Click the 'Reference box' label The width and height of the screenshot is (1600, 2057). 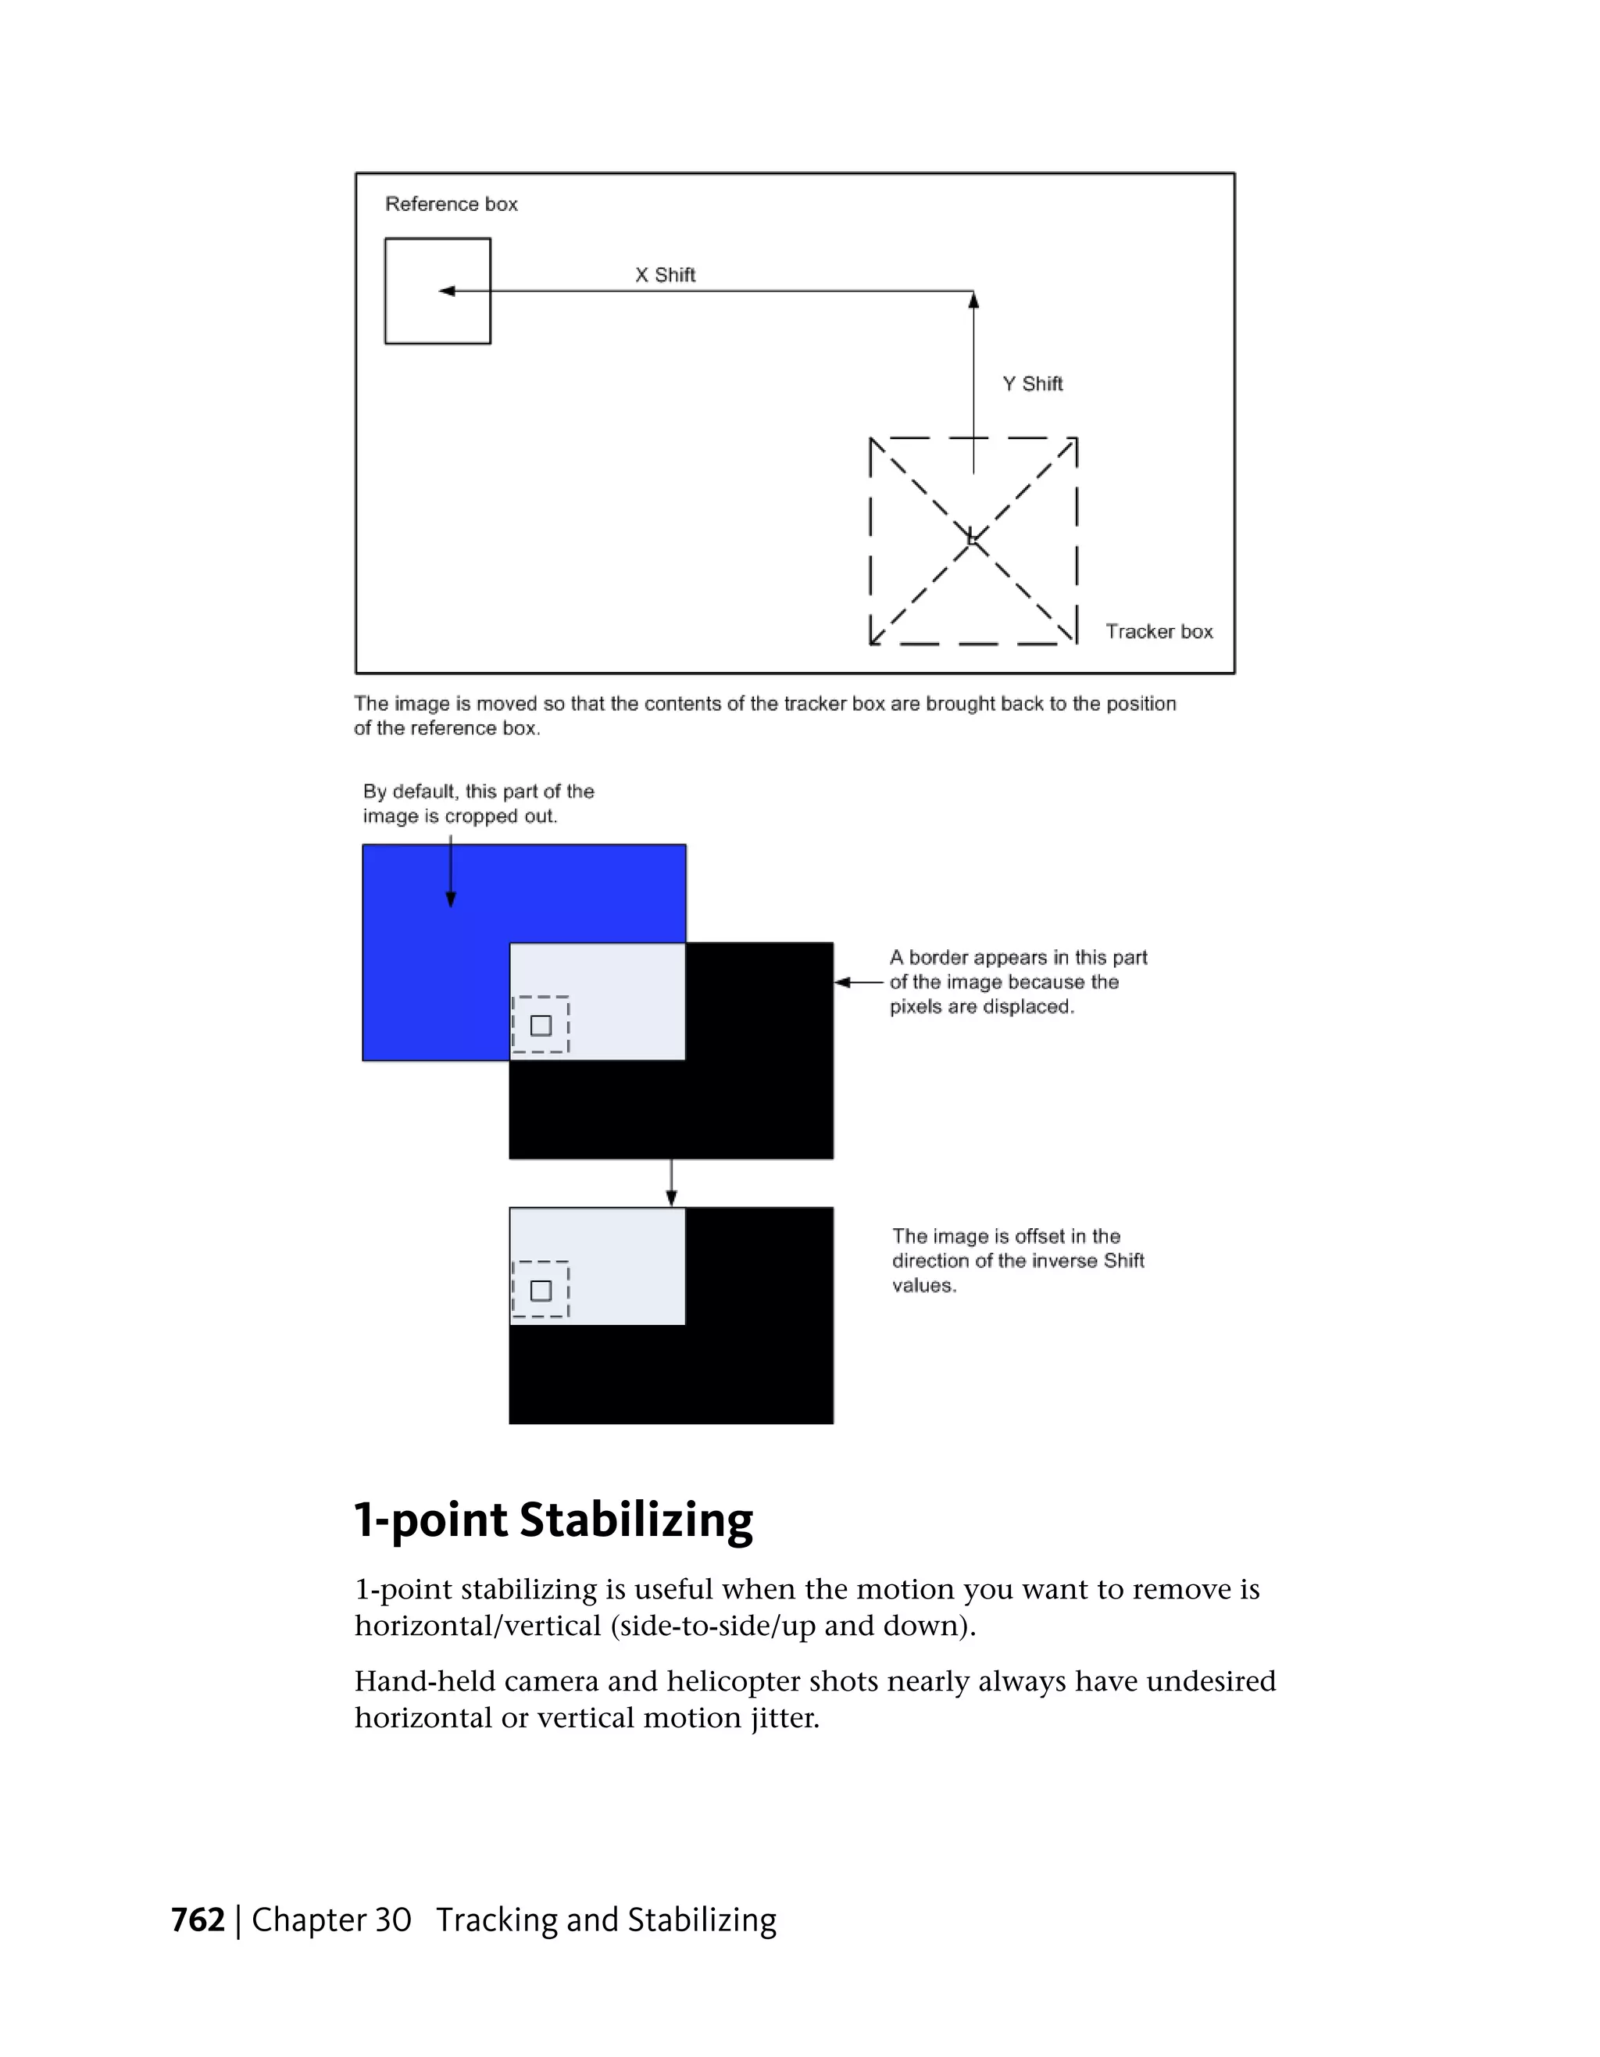click(x=451, y=205)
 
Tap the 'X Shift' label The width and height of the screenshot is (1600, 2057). click(x=665, y=275)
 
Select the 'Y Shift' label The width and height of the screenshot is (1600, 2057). click(x=1032, y=384)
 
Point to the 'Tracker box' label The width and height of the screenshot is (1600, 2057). click(x=1159, y=631)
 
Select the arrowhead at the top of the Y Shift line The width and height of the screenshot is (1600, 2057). click(x=973, y=299)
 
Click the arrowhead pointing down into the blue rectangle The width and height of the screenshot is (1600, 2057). click(x=450, y=899)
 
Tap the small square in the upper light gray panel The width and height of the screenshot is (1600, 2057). click(x=541, y=1026)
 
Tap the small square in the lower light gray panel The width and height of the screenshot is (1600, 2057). click(x=541, y=1291)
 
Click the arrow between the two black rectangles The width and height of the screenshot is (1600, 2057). click(x=670, y=1183)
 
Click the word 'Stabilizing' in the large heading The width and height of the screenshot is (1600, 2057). click(x=636, y=1520)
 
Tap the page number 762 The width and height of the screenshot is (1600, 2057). click(x=198, y=1920)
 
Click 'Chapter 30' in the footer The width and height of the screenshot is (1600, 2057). click(x=331, y=1920)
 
